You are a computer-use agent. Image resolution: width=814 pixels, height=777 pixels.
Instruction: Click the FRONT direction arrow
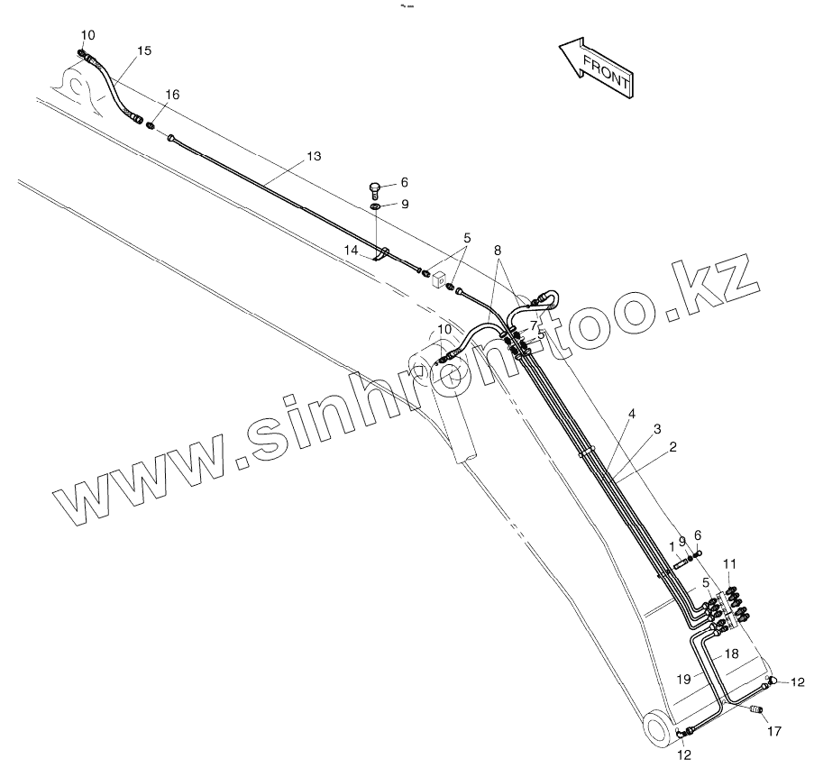596,67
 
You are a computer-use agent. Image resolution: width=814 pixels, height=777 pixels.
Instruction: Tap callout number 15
144,50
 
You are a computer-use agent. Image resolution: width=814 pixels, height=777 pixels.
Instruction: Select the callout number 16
172,95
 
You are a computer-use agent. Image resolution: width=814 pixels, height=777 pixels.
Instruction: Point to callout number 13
313,156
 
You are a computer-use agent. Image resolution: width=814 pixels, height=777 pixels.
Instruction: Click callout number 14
352,249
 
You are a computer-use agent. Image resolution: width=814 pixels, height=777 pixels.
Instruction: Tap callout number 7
534,325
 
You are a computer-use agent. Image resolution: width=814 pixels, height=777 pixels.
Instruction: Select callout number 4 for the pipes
632,414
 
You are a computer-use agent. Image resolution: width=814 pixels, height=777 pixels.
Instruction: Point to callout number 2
672,445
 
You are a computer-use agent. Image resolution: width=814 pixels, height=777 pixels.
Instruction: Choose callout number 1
672,546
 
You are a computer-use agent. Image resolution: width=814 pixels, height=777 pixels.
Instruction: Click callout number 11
730,563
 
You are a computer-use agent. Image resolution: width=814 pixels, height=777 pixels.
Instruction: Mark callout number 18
731,653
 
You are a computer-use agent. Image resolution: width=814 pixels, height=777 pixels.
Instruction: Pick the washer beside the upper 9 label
375,207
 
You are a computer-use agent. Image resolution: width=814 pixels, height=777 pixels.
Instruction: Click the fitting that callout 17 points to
755,712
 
